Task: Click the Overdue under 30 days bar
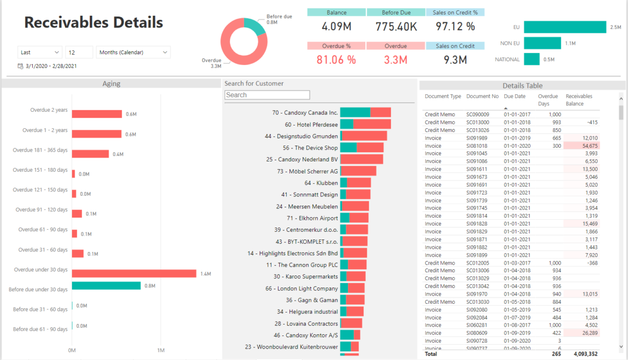point(134,273)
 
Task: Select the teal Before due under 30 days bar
point(106,285)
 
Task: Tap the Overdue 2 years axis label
point(49,110)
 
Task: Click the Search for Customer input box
point(267,95)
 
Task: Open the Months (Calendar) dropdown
point(134,52)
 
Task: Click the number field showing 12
point(79,52)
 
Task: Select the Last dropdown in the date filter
point(40,52)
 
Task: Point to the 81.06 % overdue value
point(336,60)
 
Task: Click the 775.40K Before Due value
point(396,26)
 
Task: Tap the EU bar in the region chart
point(565,27)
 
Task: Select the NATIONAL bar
point(532,59)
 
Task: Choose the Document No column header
point(482,97)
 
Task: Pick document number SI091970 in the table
point(477,294)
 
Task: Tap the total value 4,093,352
point(585,353)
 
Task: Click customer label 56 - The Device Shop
point(310,148)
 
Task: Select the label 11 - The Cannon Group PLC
point(302,265)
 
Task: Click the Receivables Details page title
point(94,22)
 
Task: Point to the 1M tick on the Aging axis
point(160,350)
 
